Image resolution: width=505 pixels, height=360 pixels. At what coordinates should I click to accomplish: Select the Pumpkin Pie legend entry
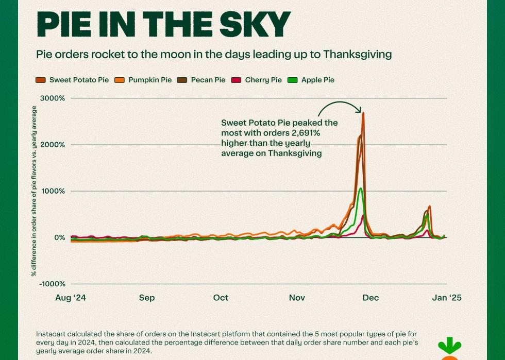150,80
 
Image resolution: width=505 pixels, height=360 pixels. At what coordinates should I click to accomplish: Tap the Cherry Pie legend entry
263,80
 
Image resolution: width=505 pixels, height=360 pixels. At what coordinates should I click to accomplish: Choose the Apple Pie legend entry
317,80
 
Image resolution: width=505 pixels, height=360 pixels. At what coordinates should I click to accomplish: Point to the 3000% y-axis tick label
53,98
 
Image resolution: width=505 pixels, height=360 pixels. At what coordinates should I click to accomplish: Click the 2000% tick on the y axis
53,145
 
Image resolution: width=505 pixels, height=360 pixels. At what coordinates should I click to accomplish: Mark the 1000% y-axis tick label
53,191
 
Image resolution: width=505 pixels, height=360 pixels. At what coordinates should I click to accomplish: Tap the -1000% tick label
52,284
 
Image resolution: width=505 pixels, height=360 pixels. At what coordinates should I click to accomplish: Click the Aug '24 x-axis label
70,298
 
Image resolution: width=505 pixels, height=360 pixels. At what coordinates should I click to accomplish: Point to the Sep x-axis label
147,298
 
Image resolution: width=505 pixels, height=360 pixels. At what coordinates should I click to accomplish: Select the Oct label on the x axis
221,298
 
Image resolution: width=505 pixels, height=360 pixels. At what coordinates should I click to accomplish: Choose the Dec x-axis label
371,298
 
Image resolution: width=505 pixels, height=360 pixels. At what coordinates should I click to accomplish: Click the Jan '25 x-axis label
447,298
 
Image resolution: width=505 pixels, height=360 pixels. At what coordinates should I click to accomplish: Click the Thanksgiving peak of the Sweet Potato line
363,113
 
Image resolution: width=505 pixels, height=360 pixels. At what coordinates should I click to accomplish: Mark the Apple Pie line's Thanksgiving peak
361,188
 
